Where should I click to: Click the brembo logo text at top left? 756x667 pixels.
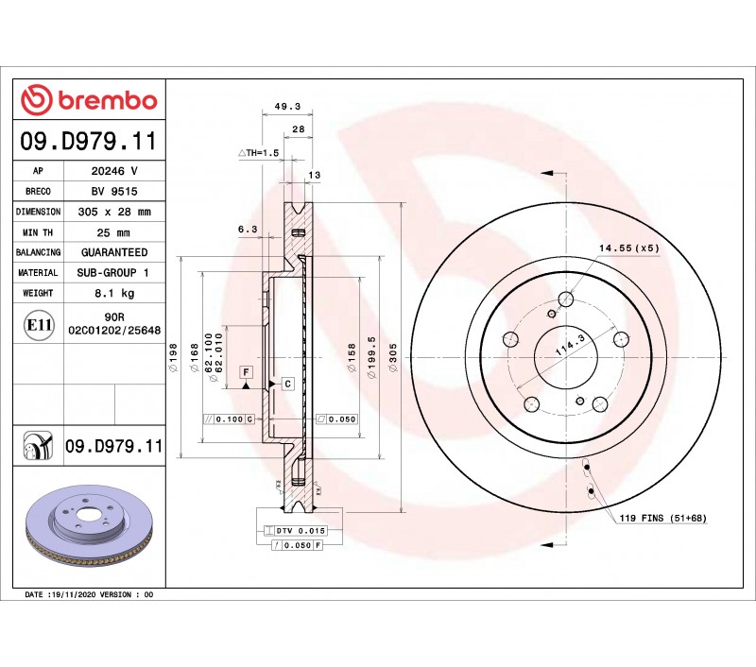coord(108,100)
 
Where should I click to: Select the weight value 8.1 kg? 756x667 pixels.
coord(114,293)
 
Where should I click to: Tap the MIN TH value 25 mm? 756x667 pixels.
coord(113,232)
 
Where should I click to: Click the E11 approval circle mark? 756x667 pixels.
coord(38,325)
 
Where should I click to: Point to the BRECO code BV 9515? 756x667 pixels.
coord(114,192)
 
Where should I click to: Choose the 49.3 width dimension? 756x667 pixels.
coord(287,106)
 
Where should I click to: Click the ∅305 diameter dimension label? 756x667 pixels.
coord(393,357)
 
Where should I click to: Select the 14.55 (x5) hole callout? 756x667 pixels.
coord(628,248)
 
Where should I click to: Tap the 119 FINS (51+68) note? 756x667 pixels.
coord(663,518)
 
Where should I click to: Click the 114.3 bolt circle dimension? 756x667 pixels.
coord(571,345)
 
